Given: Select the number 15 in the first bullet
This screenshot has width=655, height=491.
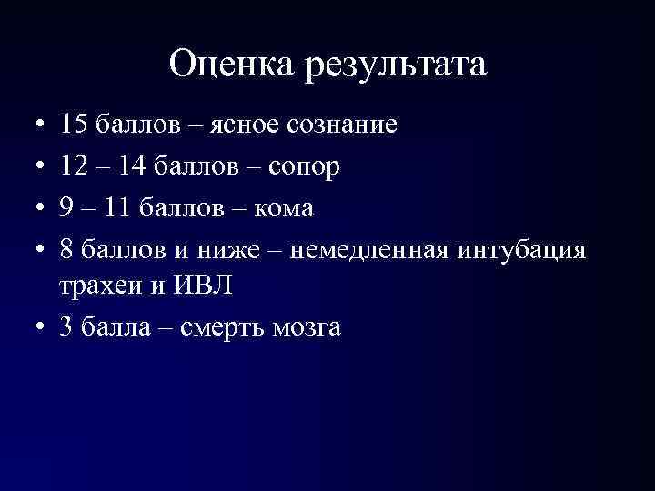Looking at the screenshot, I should [74, 124].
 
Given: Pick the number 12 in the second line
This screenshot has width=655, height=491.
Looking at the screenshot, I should [74, 165].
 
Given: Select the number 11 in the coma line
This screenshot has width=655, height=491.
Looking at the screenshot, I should [116, 207].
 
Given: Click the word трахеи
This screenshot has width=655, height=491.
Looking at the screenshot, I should [96, 286].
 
